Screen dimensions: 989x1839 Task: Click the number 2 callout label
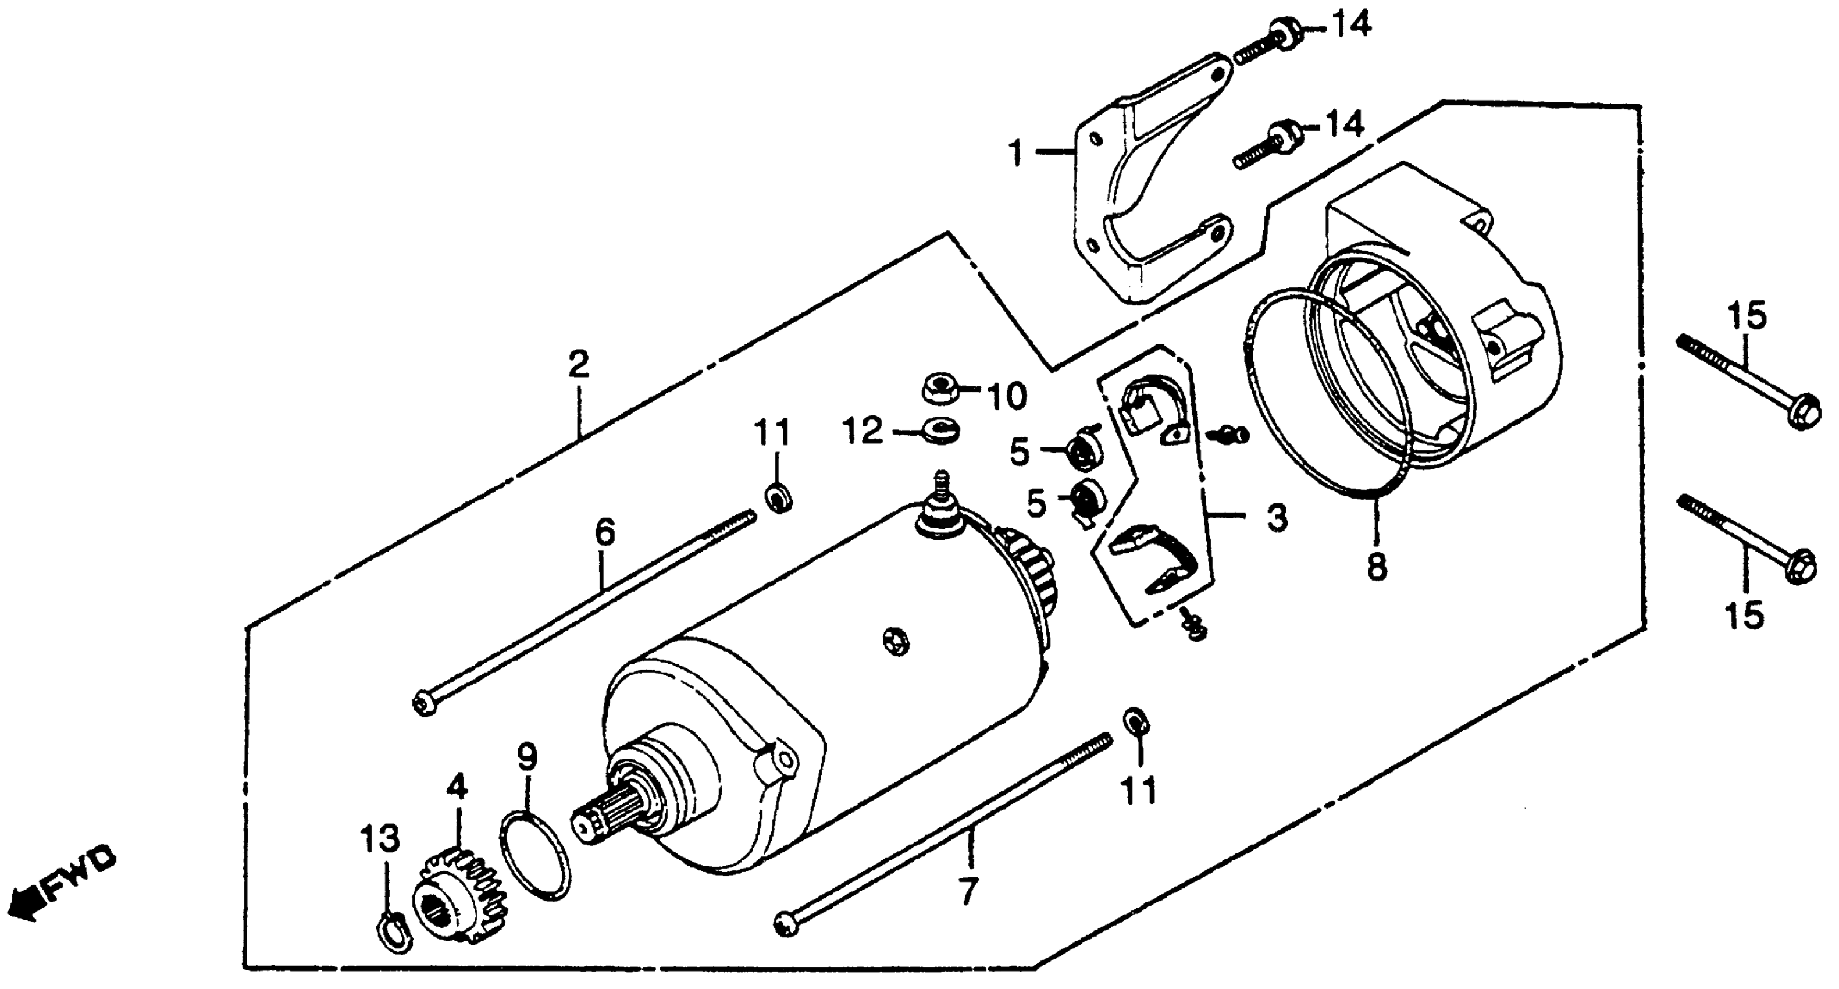[x=578, y=365]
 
